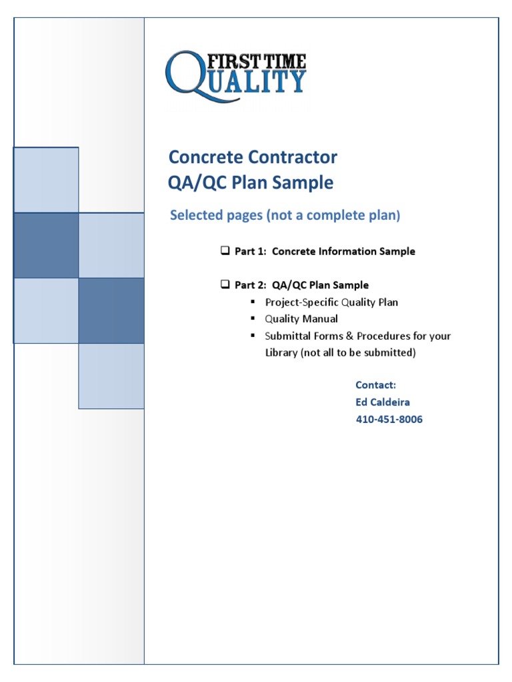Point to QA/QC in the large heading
tap(195, 182)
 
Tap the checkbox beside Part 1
tap(225, 251)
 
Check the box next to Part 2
tap(225, 285)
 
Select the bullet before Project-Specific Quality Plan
tap(253, 302)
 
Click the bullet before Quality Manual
tap(253, 318)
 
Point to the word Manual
tap(321, 319)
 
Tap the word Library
tap(281, 353)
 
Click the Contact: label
tap(376, 385)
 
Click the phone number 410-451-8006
tap(389, 420)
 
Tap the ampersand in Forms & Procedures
tap(349, 336)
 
